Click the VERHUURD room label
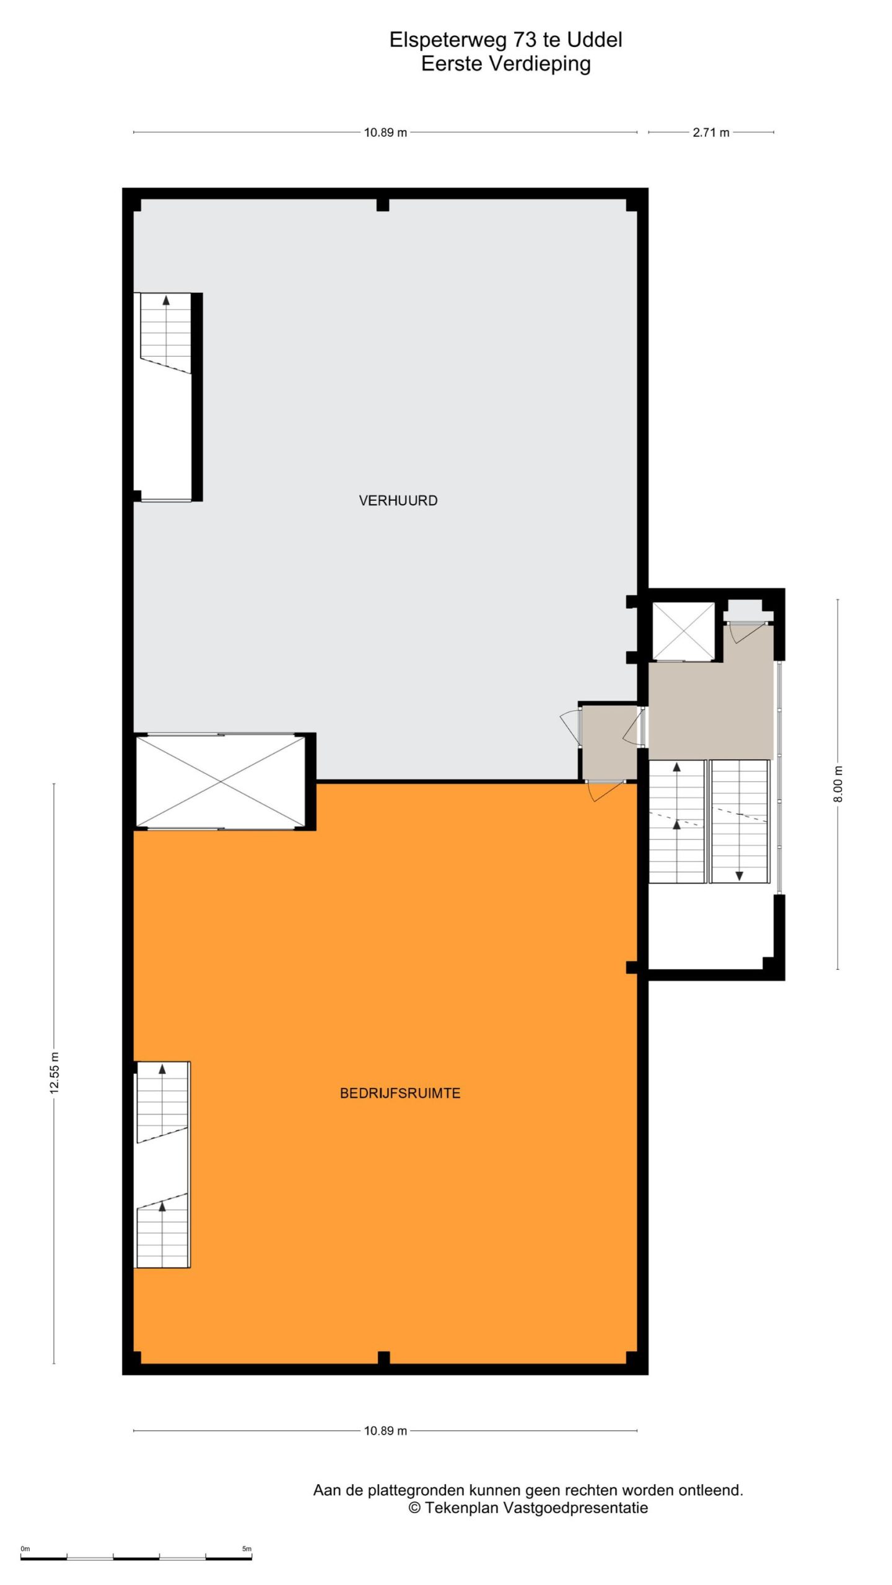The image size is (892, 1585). click(x=398, y=500)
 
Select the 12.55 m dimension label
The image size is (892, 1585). click(x=55, y=1073)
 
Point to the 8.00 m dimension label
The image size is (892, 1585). click(x=838, y=784)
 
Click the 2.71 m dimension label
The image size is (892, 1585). click(x=711, y=132)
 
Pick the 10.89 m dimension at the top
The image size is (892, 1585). click(x=385, y=132)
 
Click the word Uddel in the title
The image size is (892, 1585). click(x=595, y=40)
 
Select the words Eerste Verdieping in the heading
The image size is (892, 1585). click(x=505, y=64)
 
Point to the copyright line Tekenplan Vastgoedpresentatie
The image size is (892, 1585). click(x=528, y=1508)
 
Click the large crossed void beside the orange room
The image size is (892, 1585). click(x=221, y=781)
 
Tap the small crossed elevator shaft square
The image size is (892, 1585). click(x=683, y=631)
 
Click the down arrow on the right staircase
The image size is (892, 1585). click(x=739, y=875)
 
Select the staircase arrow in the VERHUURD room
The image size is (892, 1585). click(x=166, y=300)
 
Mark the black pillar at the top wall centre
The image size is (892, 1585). click(x=383, y=205)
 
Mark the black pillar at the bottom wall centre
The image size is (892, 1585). click(x=383, y=1358)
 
